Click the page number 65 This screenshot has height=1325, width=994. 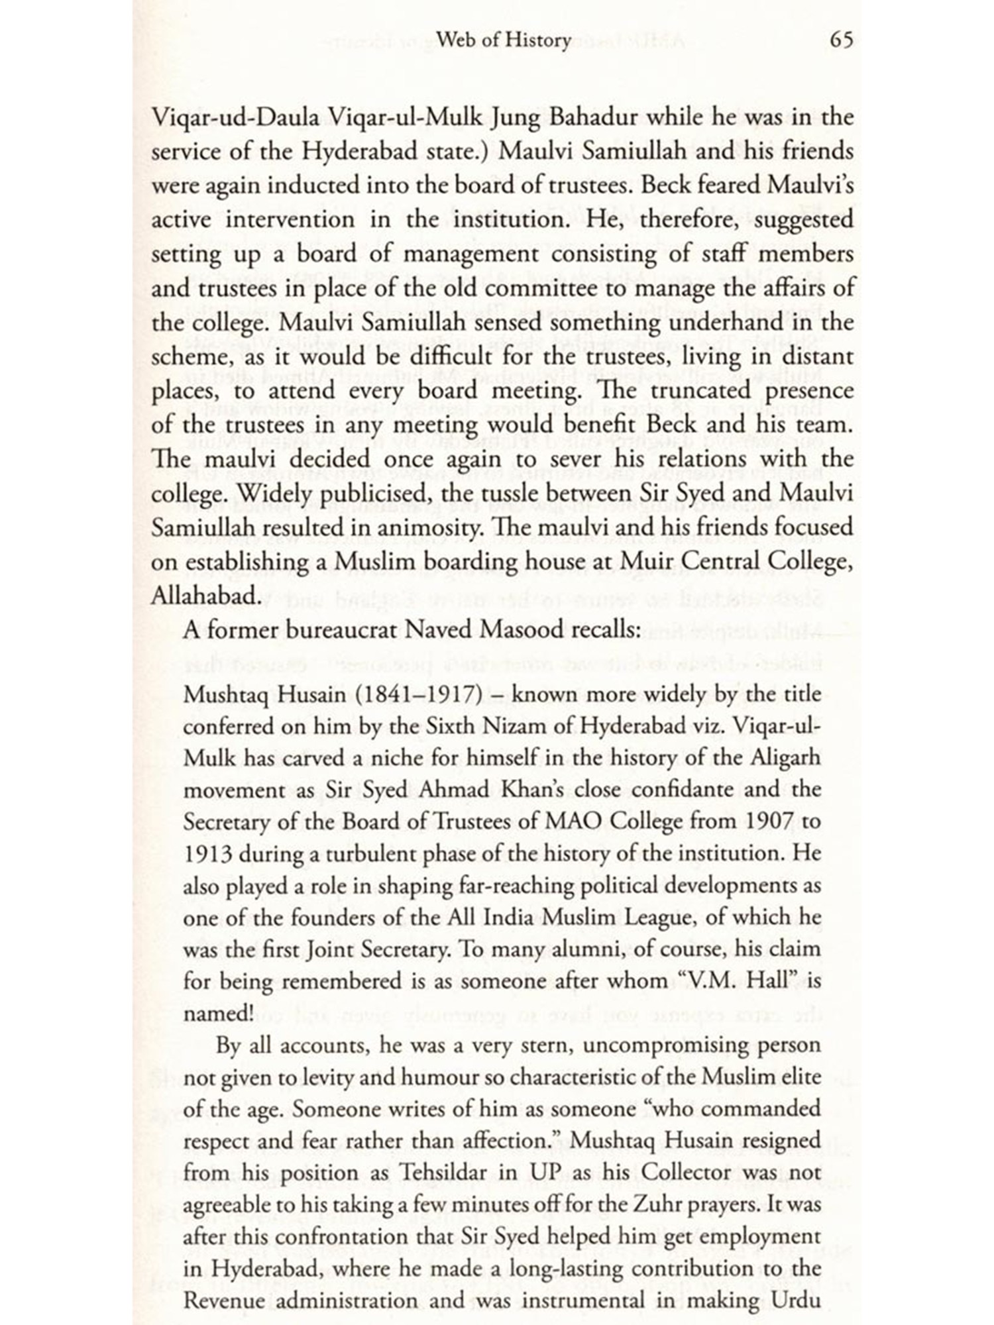(841, 40)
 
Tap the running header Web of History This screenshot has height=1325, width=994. (504, 40)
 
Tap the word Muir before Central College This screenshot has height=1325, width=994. (645, 562)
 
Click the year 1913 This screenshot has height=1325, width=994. (207, 854)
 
